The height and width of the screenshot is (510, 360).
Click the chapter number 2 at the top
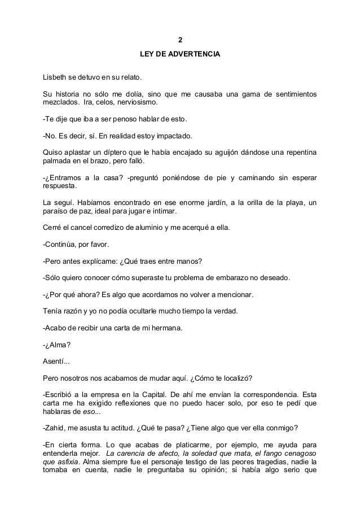pos(180,40)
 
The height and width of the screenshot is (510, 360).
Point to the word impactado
pos(174,136)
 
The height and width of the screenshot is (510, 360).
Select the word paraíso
pos(58,211)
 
